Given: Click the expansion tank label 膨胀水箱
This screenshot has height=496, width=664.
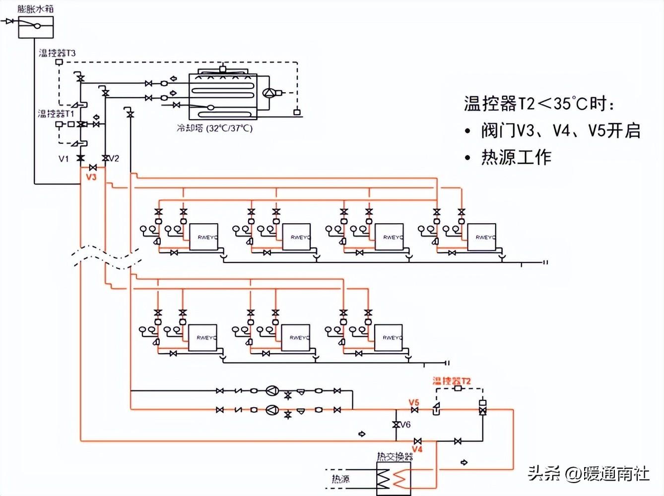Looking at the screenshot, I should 35,8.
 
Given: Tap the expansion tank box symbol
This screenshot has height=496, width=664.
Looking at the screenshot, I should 36,27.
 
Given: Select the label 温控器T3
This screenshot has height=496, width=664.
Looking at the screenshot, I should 57,53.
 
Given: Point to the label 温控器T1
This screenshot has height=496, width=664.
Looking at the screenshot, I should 56,114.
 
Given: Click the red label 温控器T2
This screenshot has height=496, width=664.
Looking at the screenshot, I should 451,381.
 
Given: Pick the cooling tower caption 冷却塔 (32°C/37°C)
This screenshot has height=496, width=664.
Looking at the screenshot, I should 214,128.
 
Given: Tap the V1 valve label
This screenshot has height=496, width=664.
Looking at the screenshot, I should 64,159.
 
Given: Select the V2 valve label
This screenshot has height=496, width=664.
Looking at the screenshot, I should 114,159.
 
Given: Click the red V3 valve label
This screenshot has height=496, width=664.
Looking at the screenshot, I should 91,177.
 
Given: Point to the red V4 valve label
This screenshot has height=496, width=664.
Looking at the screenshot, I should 417,449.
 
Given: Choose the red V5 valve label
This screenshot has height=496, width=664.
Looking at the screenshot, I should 414,402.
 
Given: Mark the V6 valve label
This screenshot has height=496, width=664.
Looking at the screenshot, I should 405,425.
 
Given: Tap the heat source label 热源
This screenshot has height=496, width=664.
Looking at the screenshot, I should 340,479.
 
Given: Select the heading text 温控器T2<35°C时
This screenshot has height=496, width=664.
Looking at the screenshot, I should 539,104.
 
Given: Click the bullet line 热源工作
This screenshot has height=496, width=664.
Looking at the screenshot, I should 516,157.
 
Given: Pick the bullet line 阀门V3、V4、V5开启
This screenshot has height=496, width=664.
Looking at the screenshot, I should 560,130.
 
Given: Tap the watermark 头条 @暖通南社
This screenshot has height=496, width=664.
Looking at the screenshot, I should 588,474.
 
